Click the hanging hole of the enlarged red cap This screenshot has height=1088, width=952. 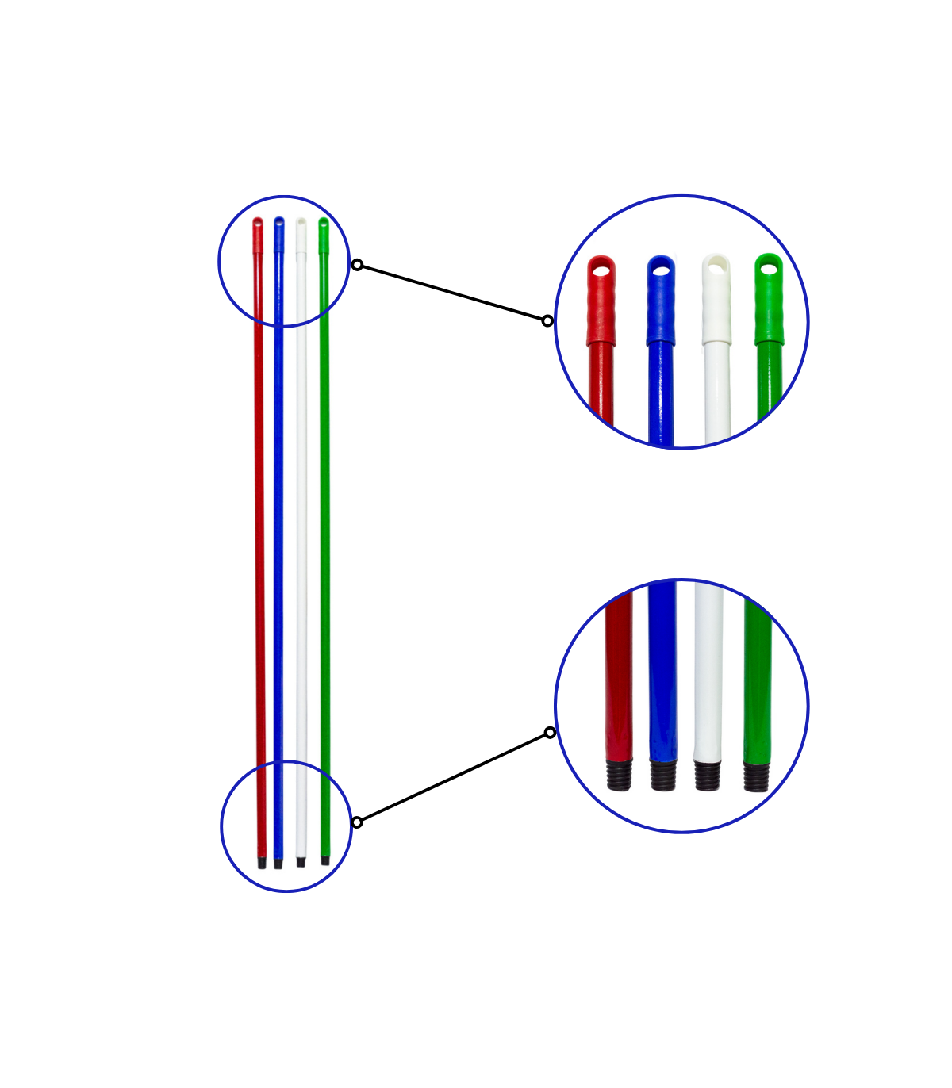pos(602,271)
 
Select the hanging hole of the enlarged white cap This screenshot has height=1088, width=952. pos(717,268)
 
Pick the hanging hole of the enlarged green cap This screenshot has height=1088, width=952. pos(769,268)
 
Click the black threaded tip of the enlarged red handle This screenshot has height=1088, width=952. pos(620,775)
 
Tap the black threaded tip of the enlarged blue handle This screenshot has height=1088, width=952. pos(663,775)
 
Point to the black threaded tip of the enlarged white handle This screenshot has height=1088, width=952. pos(707,775)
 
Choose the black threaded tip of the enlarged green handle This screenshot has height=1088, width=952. pos(756,776)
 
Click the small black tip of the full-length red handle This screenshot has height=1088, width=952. pos(262,862)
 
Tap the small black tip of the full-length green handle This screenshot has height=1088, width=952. pos(324,860)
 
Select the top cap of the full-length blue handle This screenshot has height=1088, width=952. pos(279,234)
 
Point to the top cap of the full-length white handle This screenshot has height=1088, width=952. pos(301,235)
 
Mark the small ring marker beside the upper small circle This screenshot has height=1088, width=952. pos(357,265)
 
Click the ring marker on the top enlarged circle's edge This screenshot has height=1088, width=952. pos(547,320)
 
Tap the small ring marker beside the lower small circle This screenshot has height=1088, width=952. pos(357,822)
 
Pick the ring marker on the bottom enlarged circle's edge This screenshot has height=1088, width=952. pos(550,732)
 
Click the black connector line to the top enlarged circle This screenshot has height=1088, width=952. pos(452,293)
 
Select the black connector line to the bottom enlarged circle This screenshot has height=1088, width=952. pos(453,777)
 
